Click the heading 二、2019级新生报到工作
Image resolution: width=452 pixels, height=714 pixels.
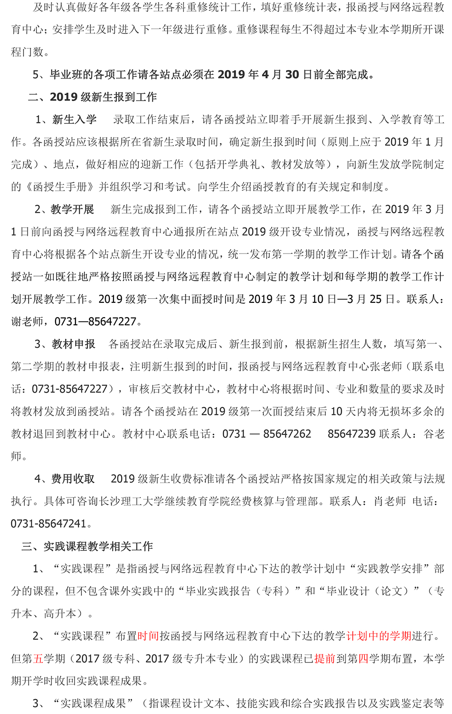click(92, 97)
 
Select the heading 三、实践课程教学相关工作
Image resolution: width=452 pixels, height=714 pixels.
click(87, 546)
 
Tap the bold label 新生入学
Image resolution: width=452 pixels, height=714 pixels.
click(75, 119)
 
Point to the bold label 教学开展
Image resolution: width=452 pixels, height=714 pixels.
click(72, 209)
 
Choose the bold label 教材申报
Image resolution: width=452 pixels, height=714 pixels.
click(74, 344)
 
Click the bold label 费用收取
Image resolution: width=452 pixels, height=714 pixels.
click(73, 479)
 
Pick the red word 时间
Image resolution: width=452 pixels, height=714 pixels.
click(148, 636)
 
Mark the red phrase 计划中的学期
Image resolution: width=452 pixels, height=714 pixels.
click(379, 636)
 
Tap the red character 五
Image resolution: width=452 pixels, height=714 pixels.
click(38, 659)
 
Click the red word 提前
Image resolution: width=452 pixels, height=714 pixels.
click(325, 659)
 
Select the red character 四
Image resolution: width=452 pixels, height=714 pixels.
click(363, 659)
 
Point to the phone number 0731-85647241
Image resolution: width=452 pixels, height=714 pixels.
click(49, 524)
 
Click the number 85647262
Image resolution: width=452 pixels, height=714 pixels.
click(287, 434)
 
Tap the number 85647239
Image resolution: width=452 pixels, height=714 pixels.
click(352, 434)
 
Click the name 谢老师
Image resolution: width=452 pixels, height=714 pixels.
click(27, 322)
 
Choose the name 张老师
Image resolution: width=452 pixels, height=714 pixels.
click(386, 366)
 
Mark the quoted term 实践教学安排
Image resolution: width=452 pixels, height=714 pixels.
click(390, 569)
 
